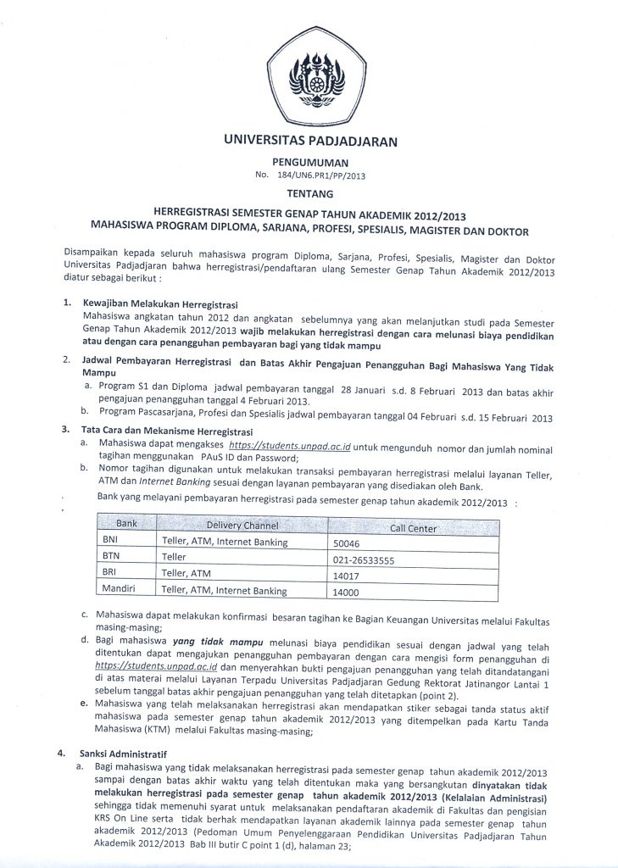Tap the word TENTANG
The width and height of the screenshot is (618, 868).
coord(308,192)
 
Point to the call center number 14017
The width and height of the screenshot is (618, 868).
coord(347,576)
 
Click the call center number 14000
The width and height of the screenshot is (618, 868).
coord(347,593)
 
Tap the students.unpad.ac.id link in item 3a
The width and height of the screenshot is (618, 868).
coord(295,443)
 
